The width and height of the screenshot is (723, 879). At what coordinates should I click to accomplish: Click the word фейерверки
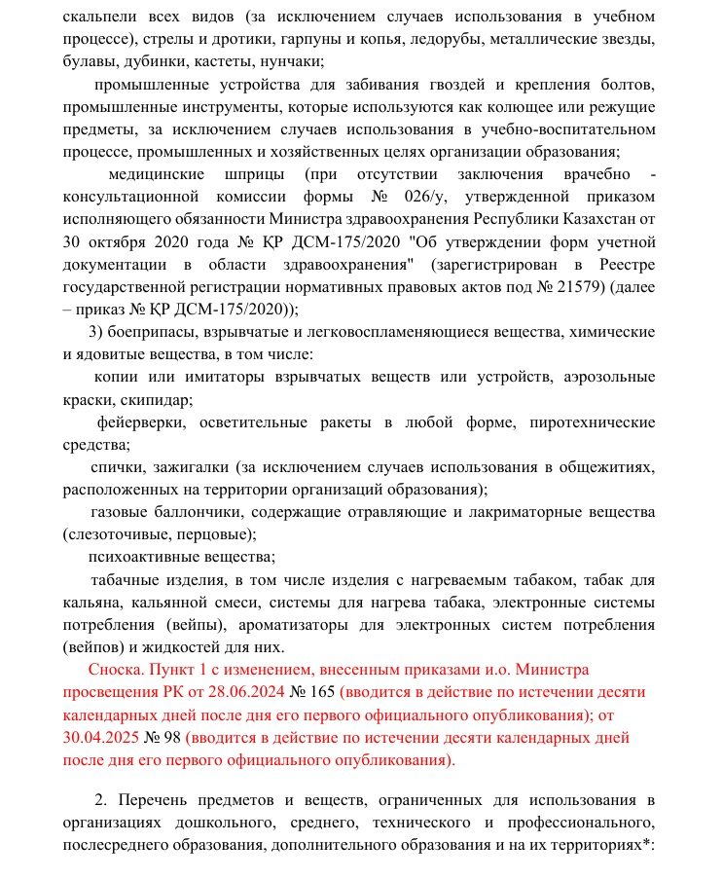tap(142, 422)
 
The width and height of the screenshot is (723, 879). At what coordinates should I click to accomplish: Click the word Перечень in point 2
tap(162, 800)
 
